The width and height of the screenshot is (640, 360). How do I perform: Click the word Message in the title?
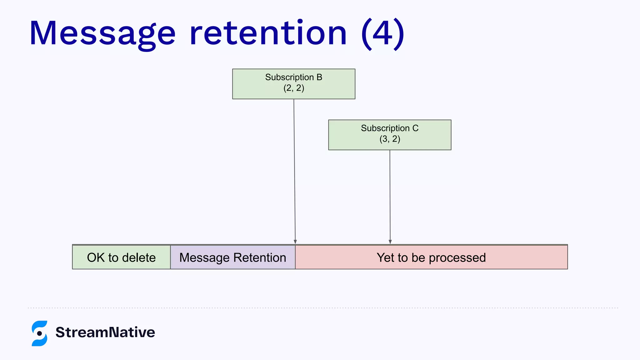(x=102, y=34)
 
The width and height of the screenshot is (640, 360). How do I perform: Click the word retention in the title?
(x=268, y=34)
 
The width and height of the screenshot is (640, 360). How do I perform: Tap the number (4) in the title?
(x=382, y=34)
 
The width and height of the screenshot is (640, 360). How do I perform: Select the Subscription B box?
(x=294, y=84)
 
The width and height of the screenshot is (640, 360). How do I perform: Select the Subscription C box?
(x=390, y=135)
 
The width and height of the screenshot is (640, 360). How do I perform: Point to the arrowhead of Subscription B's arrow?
(x=295, y=242)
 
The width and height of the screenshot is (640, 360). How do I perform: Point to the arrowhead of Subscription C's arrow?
(x=390, y=242)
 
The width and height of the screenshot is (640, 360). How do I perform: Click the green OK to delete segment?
(x=121, y=257)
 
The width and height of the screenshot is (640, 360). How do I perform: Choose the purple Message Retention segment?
(x=233, y=257)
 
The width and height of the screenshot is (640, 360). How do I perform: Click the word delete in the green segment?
(x=139, y=258)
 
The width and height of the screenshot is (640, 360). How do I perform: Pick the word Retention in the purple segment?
(x=260, y=258)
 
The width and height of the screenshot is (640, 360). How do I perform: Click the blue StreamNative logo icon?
(x=40, y=333)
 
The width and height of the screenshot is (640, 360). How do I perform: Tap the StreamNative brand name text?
(x=105, y=332)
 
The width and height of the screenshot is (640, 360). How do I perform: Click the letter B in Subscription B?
(x=319, y=77)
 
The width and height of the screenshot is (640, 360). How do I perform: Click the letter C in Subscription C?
(x=415, y=128)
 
